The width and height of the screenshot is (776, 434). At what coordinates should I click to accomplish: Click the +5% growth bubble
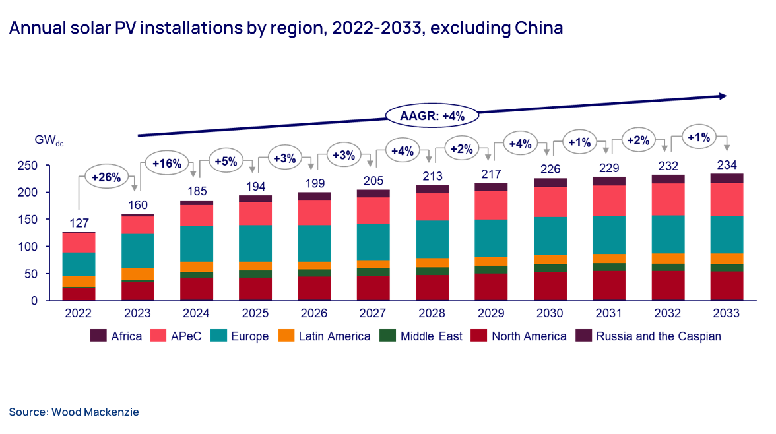click(x=225, y=160)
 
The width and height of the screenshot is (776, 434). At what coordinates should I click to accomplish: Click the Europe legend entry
click(x=240, y=336)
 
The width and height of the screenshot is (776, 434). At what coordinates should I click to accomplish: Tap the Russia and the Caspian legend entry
click(x=650, y=336)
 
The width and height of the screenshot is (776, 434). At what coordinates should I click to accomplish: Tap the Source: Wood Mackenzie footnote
click(x=74, y=412)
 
